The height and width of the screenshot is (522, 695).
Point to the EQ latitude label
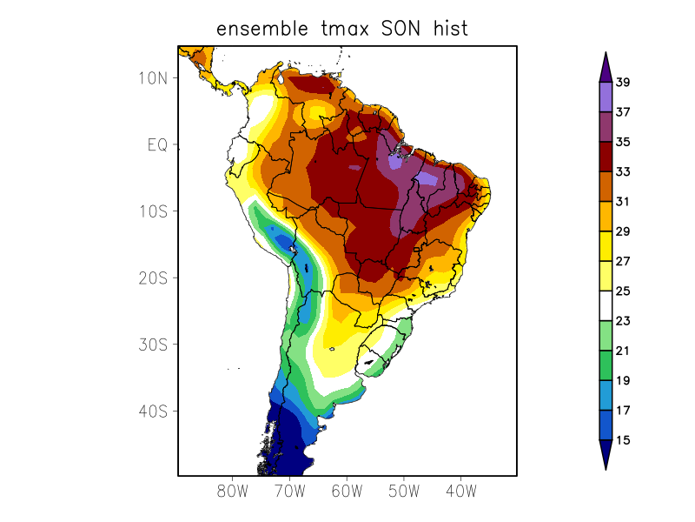point(156,144)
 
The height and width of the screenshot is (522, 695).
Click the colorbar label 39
point(622,83)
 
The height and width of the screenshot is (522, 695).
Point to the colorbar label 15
point(622,440)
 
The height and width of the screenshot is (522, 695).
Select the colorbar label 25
point(622,291)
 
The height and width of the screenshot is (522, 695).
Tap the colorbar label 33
point(622,172)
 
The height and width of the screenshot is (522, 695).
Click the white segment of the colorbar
point(606,306)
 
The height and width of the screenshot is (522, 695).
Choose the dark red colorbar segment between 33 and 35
point(606,157)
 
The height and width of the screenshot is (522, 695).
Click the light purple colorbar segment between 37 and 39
point(606,97)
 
